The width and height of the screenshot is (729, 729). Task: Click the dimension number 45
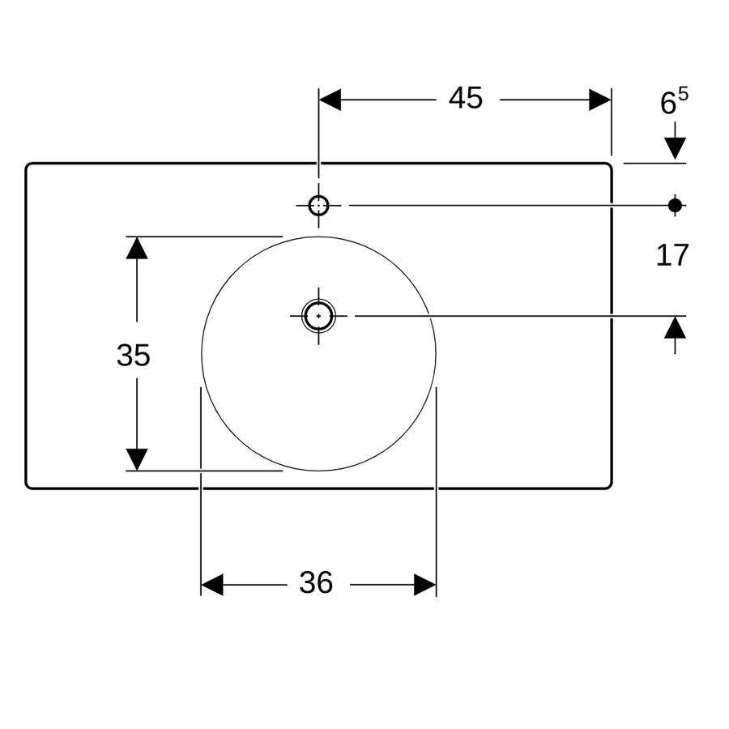pyautogui.click(x=466, y=98)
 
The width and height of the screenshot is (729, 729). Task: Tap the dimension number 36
pyautogui.click(x=316, y=582)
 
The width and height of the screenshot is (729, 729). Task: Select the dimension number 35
pyautogui.click(x=134, y=356)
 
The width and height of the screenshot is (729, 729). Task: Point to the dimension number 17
pyautogui.click(x=671, y=255)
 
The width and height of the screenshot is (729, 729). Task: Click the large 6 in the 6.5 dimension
pyautogui.click(x=668, y=103)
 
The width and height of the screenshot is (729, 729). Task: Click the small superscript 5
pyautogui.click(x=683, y=95)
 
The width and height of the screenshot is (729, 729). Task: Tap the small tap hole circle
pyautogui.click(x=318, y=206)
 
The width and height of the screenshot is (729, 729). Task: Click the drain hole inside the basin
pyautogui.click(x=318, y=316)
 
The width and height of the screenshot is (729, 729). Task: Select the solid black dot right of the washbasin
pyautogui.click(x=675, y=205)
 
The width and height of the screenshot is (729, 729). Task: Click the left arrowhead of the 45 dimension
pyautogui.click(x=330, y=100)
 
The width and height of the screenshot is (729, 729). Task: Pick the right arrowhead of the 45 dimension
pyautogui.click(x=599, y=100)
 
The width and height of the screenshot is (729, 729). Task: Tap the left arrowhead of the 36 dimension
pyautogui.click(x=212, y=584)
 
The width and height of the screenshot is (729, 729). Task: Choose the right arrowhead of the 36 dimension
pyautogui.click(x=425, y=584)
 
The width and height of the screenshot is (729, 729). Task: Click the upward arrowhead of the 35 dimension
pyautogui.click(x=137, y=248)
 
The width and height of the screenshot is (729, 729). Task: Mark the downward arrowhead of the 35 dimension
pyautogui.click(x=137, y=459)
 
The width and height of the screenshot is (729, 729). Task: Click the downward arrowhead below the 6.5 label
pyautogui.click(x=675, y=149)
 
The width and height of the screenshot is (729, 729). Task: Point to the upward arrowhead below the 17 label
pyautogui.click(x=675, y=327)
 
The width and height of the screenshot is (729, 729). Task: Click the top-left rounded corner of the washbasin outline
pyautogui.click(x=28, y=165)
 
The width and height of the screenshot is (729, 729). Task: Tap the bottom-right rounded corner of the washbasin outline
pyautogui.click(x=609, y=486)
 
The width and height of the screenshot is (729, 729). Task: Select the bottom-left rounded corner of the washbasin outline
pyautogui.click(x=28, y=486)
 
